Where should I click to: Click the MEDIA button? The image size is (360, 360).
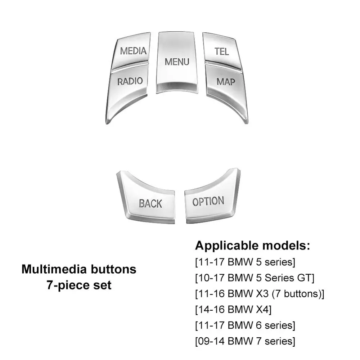(x=133, y=51)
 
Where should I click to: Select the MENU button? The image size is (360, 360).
(x=177, y=62)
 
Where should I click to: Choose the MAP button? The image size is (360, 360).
(x=226, y=82)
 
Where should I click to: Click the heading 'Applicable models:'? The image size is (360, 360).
(x=252, y=246)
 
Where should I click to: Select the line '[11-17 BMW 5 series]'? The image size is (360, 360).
(x=245, y=262)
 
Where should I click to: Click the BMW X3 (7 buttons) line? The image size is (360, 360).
(x=260, y=294)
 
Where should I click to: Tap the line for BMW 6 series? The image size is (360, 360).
(x=245, y=325)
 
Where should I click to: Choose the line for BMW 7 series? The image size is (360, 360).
(x=245, y=341)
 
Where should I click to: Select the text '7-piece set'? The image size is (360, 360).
(x=79, y=285)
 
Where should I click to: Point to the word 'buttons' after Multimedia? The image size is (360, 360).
(x=115, y=269)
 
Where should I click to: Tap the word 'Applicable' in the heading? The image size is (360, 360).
(x=224, y=246)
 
